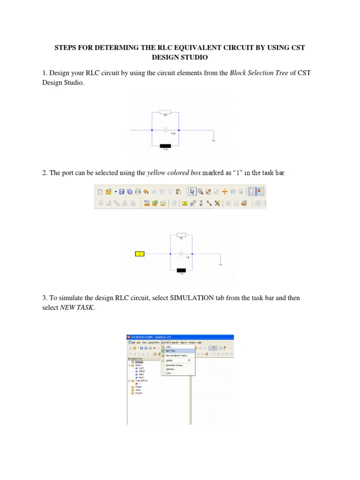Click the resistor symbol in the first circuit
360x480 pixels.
tap(165, 112)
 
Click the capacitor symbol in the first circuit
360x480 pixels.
tap(165, 130)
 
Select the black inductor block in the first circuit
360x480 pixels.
tap(165, 146)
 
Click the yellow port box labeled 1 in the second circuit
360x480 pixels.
tap(140, 254)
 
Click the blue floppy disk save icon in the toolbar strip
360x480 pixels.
tap(121, 191)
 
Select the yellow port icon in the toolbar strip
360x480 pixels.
tap(185, 203)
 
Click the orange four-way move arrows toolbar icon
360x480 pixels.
tap(225, 191)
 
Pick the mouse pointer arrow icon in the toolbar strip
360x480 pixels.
tap(192, 191)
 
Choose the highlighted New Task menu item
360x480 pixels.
tap(171, 351)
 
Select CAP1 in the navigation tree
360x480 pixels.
tap(142, 368)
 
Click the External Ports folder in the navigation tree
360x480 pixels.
tap(142, 381)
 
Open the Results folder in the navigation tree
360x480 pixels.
tap(139, 393)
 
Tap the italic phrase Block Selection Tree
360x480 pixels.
tap(259, 73)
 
